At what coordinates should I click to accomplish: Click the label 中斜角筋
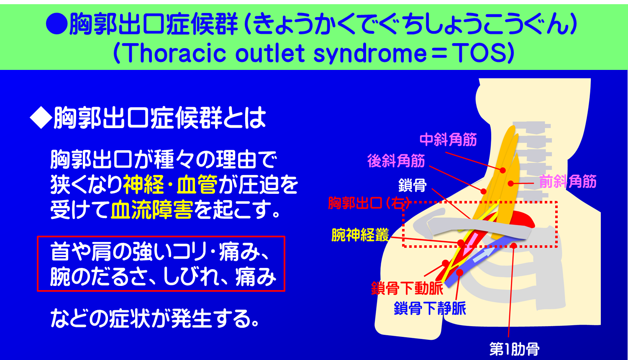[x=448, y=139]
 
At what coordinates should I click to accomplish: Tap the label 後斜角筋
[x=396, y=161]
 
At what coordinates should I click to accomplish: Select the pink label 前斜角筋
[x=567, y=182]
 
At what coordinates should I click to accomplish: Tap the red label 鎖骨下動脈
[x=407, y=288]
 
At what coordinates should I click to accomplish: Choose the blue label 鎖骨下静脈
[x=430, y=309]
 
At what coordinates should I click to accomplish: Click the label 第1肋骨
[x=514, y=349]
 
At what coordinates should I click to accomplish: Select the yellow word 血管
[x=197, y=185]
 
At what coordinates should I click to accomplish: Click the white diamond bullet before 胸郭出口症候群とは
[x=40, y=119]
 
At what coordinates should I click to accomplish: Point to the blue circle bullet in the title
[x=56, y=25]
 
